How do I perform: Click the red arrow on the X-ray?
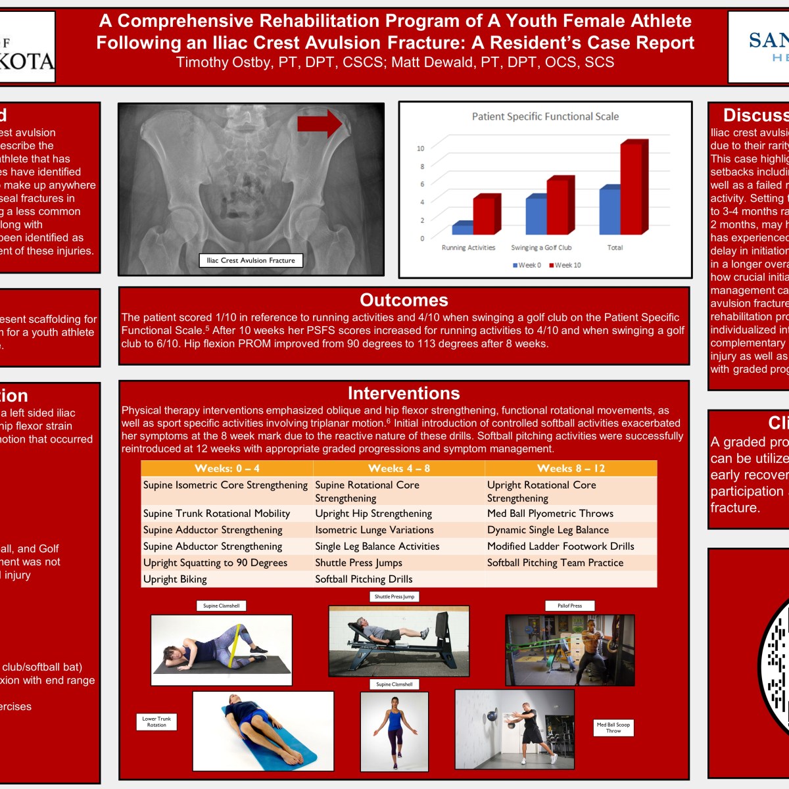[x=319, y=124]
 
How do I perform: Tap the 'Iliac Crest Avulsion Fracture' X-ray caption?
[x=251, y=260]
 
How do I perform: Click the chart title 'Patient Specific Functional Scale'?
[x=545, y=116]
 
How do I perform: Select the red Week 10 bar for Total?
[x=634, y=188]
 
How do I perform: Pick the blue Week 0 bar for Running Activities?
[x=462, y=228]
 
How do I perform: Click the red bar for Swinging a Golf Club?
[x=560, y=206]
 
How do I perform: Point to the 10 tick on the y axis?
[x=421, y=148]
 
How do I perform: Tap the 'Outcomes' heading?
[x=404, y=300]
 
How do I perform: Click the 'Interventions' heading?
[x=404, y=393]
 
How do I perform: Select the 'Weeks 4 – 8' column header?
[x=399, y=468]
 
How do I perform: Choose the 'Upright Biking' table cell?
[x=175, y=579]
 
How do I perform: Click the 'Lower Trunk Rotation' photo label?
[x=156, y=722]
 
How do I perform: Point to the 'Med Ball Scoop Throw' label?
[x=613, y=727]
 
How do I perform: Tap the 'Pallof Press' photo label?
[x=569, y=606]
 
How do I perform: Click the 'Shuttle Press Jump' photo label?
[x=394, y=596]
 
